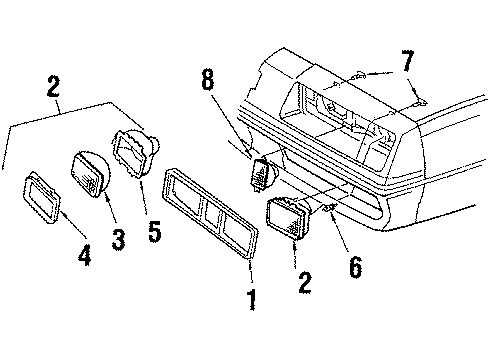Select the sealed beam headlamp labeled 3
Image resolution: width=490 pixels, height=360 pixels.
[88, 173]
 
